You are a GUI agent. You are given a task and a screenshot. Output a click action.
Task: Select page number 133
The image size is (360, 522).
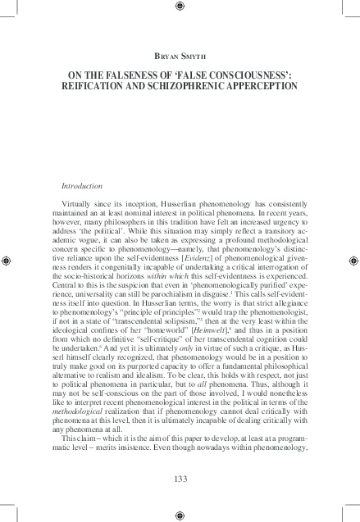(x=180, y=478)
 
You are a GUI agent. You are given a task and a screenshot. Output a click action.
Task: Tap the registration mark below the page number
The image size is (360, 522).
(x=180, y=515)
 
